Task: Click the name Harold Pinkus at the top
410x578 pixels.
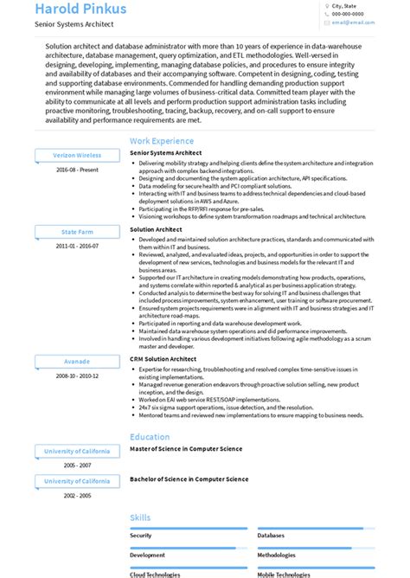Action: pyautogui.click(x=80, y=10)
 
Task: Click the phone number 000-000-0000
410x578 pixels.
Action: pyautogui.click(x=348, y=14)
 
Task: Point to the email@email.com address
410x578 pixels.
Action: pyautogui.click(x=350, y=23)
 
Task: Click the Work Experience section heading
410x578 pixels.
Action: pyautogui.click(x=162, y=140)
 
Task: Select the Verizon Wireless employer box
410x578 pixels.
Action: pyautogui.click(x=77, y=156)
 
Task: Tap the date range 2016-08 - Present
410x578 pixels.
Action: pyautogui.click(x=77, y=170)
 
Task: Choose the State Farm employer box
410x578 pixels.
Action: pyautogui.click(x=77, y=232)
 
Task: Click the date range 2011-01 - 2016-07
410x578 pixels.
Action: pyautogui.click(x=77, y=246)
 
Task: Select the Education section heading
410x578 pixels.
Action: pyautogui.click(x=150, y=437)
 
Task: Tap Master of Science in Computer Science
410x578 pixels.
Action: pyautogui.click(x=186, y=449)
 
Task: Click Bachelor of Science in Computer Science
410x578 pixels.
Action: pyautogui.click(x=189, y=478)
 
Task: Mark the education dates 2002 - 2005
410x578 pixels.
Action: pyautogui.click(x=77, y=495)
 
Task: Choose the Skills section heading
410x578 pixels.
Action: pyautogui.click(x=140, y=517)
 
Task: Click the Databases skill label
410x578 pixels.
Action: pyautogui.click(x=273, y=536)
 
